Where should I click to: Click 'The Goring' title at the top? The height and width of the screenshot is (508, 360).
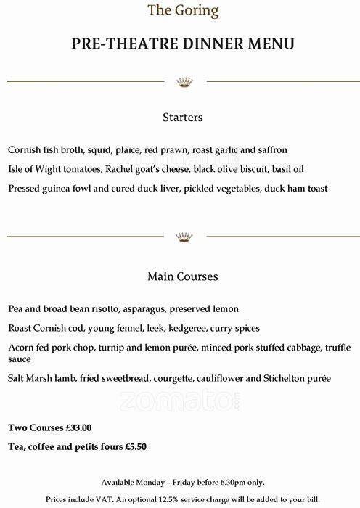point(182,10)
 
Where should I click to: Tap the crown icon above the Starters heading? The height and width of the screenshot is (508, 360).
point(182,81)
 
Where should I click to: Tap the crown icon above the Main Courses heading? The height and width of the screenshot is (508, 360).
point(182,237)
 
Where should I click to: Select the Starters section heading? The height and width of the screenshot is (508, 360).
point(182,117)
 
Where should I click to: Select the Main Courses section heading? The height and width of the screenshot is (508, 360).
point(182,276)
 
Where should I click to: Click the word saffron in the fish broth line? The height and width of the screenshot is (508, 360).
point(270,150)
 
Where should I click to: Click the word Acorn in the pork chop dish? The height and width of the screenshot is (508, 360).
point(21,347)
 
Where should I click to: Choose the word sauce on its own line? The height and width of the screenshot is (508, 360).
point(20,359)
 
